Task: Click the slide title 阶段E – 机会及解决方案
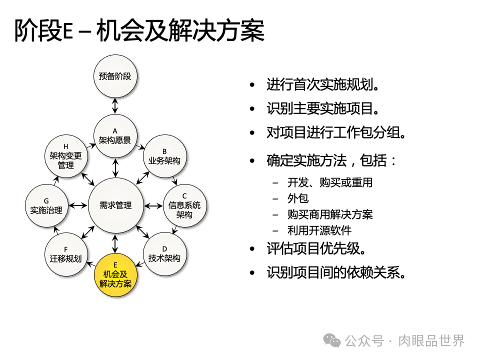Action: pyautogui.click(x=139, y=31)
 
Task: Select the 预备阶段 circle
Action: pyautogui.click(x=115, y=76)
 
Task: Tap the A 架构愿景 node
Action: pyautogui.click(x=115, y=136)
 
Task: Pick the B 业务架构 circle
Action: pyautogui.click(x=164, y=156)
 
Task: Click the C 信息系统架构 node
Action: pyautogui.click(x=184, y=205)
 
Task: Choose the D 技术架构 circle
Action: pyautogui.click(x=164, y=254)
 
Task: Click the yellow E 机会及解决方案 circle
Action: pyautogui.click(x=115, y=275)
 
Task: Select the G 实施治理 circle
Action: pyautogui.click(x=46, y=205)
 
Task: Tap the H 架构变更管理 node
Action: pyautogui.click(x=66, y=156)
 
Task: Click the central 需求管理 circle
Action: pyautogui.click(x=115, y=205)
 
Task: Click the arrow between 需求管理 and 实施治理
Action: pyautogui.click(x=78, y=205)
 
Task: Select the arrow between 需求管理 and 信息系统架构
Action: pyautogui.click(x=153, y=205)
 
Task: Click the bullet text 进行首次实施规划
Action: pyautogui.click(x=322, y=84)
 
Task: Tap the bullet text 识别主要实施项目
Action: pyautogui.click(x=322, y=108)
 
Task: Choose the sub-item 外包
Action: pyautogui.click(x=298, y=198)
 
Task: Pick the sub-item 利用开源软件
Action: pyautogui.click(x=319, y=230)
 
